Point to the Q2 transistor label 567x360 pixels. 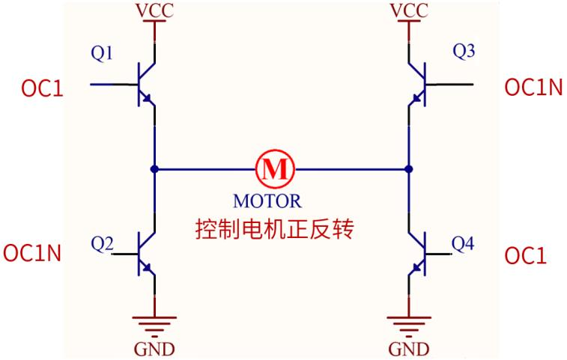pyautogui.click(x=102, y=243)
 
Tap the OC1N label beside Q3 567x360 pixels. pyautogui.click(x=533, y=88)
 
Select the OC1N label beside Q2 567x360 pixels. pyautogui.click(x=31, y=253)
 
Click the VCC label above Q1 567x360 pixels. pyautogui.click(x=154, y=12)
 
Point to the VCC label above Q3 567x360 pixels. pyautogui.click(x=409, y=12)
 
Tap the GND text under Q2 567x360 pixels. pyautogui.click(x=154, y=350)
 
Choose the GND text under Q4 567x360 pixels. pyautogui.click(x=409, y=350)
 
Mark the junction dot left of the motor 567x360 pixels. pyautogui.click(x=154, y=168)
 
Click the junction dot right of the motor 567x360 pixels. pyautogui.click(x=409, y=168)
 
